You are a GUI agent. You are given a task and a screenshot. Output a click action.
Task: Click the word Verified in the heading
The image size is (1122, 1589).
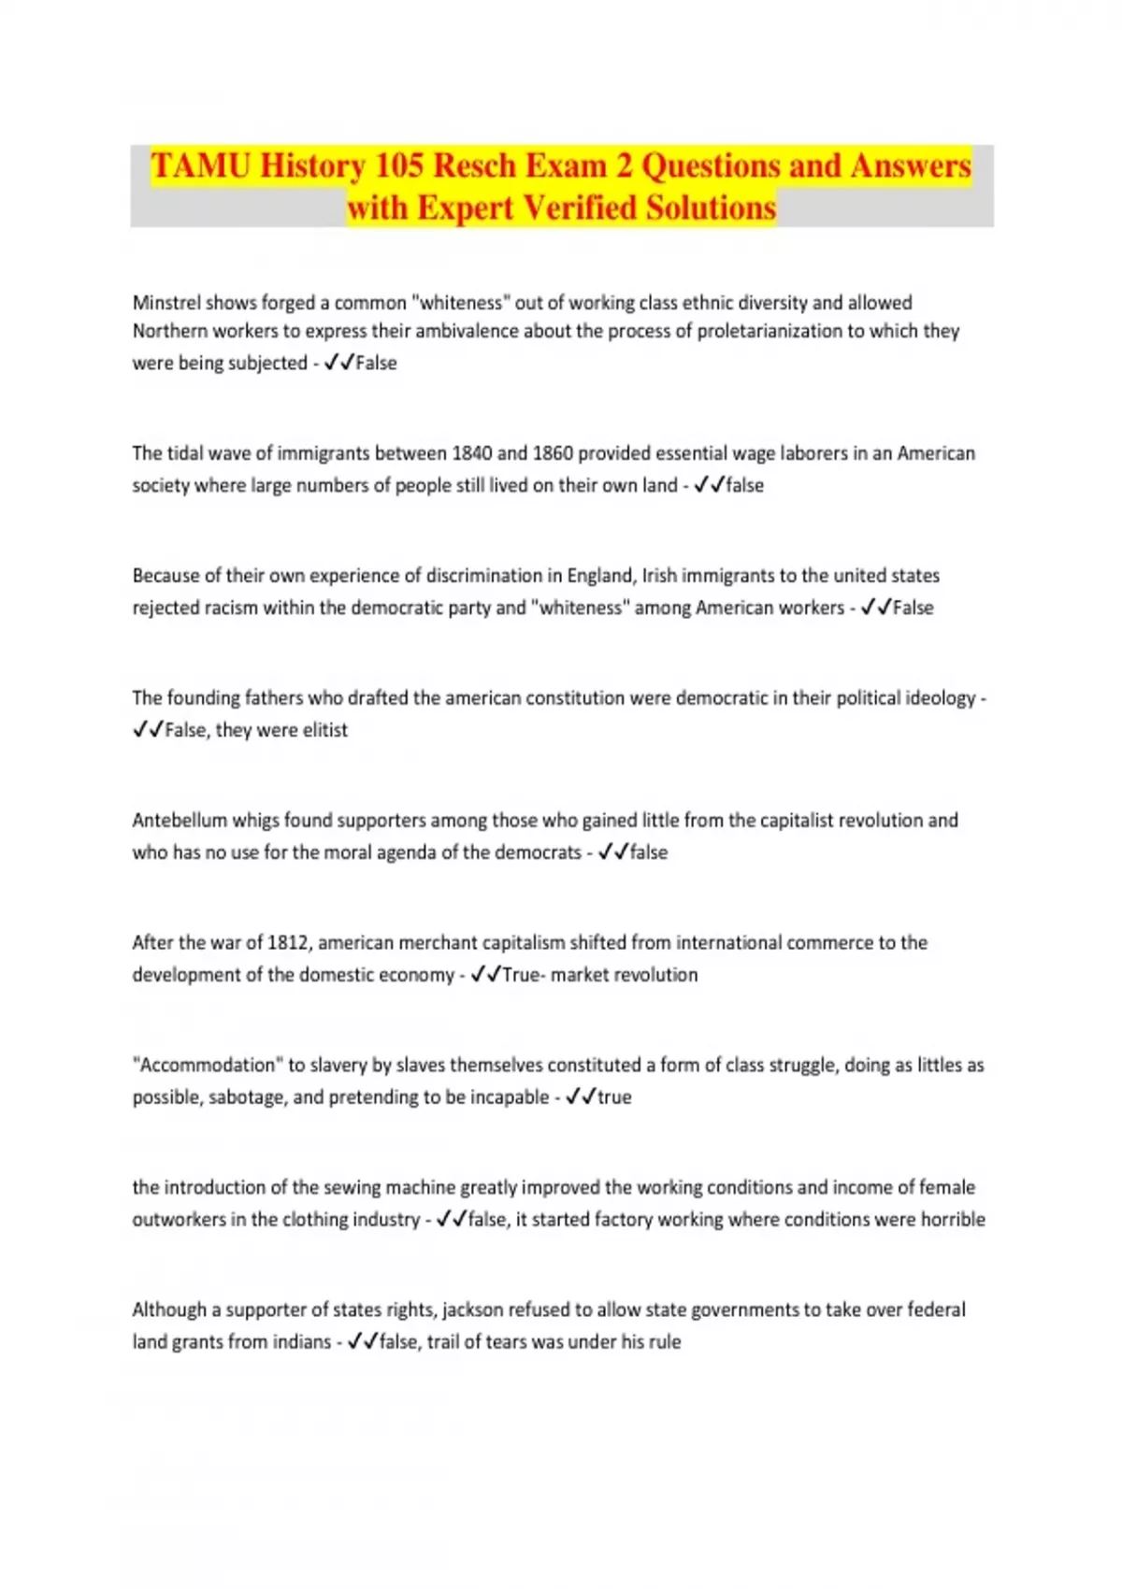pyautogui.click(x=577, y=208)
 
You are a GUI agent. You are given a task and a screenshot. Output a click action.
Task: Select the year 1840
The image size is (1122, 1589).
pyautogui.click(x=472, y=453)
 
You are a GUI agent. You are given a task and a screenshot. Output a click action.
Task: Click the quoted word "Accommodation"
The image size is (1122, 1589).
pyautogui.click(x=207, y=1066)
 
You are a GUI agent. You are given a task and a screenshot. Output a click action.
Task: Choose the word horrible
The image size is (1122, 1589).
pyautogui.click(x=953, y=1220)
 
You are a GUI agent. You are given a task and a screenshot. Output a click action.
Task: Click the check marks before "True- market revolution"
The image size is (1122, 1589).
pyautogui.click(x=485, y=975)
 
